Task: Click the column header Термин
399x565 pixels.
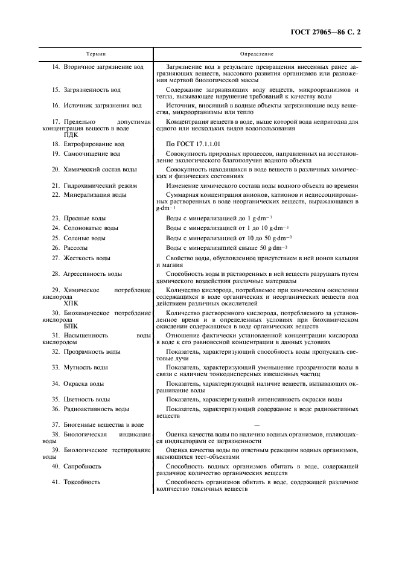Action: pyautogui.click(x=94, y=54)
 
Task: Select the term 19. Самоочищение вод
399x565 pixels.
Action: pyautogui.click(x=86, y=154)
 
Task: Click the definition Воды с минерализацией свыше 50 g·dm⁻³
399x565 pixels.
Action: pyautogui.click(x=226, y=248)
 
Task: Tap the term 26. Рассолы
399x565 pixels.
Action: pyautogui.click(x=70, y=248)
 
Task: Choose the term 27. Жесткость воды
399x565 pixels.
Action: pyautogui.click(x=81, y=258)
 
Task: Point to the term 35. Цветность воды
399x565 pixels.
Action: pyautogui.click(x=81, y=399)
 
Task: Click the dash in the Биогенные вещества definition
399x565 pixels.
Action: pyautogui.click(x=257, y=425)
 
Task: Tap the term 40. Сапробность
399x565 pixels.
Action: pyautogui.click(x=76, y=467)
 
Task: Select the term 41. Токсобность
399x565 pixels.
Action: pyautogui.click(x=76, y=482)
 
